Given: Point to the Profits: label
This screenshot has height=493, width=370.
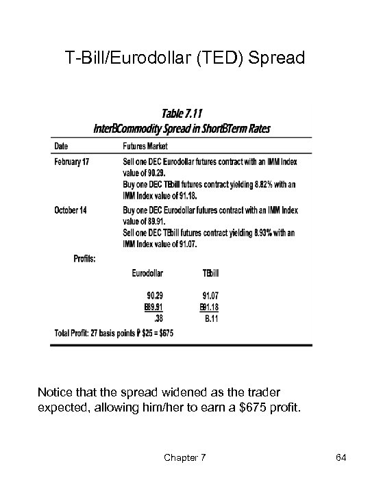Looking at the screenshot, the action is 85,258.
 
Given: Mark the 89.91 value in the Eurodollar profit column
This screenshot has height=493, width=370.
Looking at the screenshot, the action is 155,307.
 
